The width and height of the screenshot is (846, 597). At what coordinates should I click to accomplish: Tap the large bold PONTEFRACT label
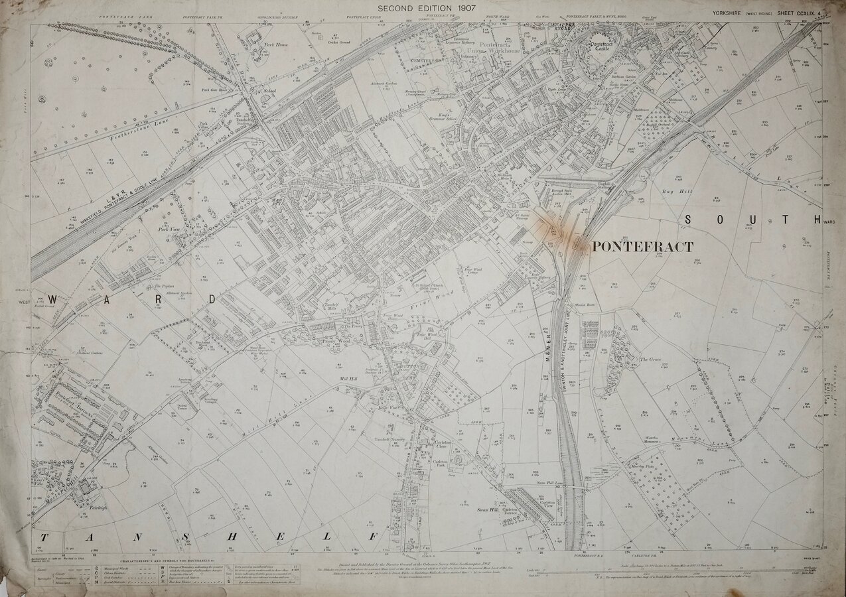coord(642,247)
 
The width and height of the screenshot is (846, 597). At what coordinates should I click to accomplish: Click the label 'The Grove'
coord(648,360)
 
